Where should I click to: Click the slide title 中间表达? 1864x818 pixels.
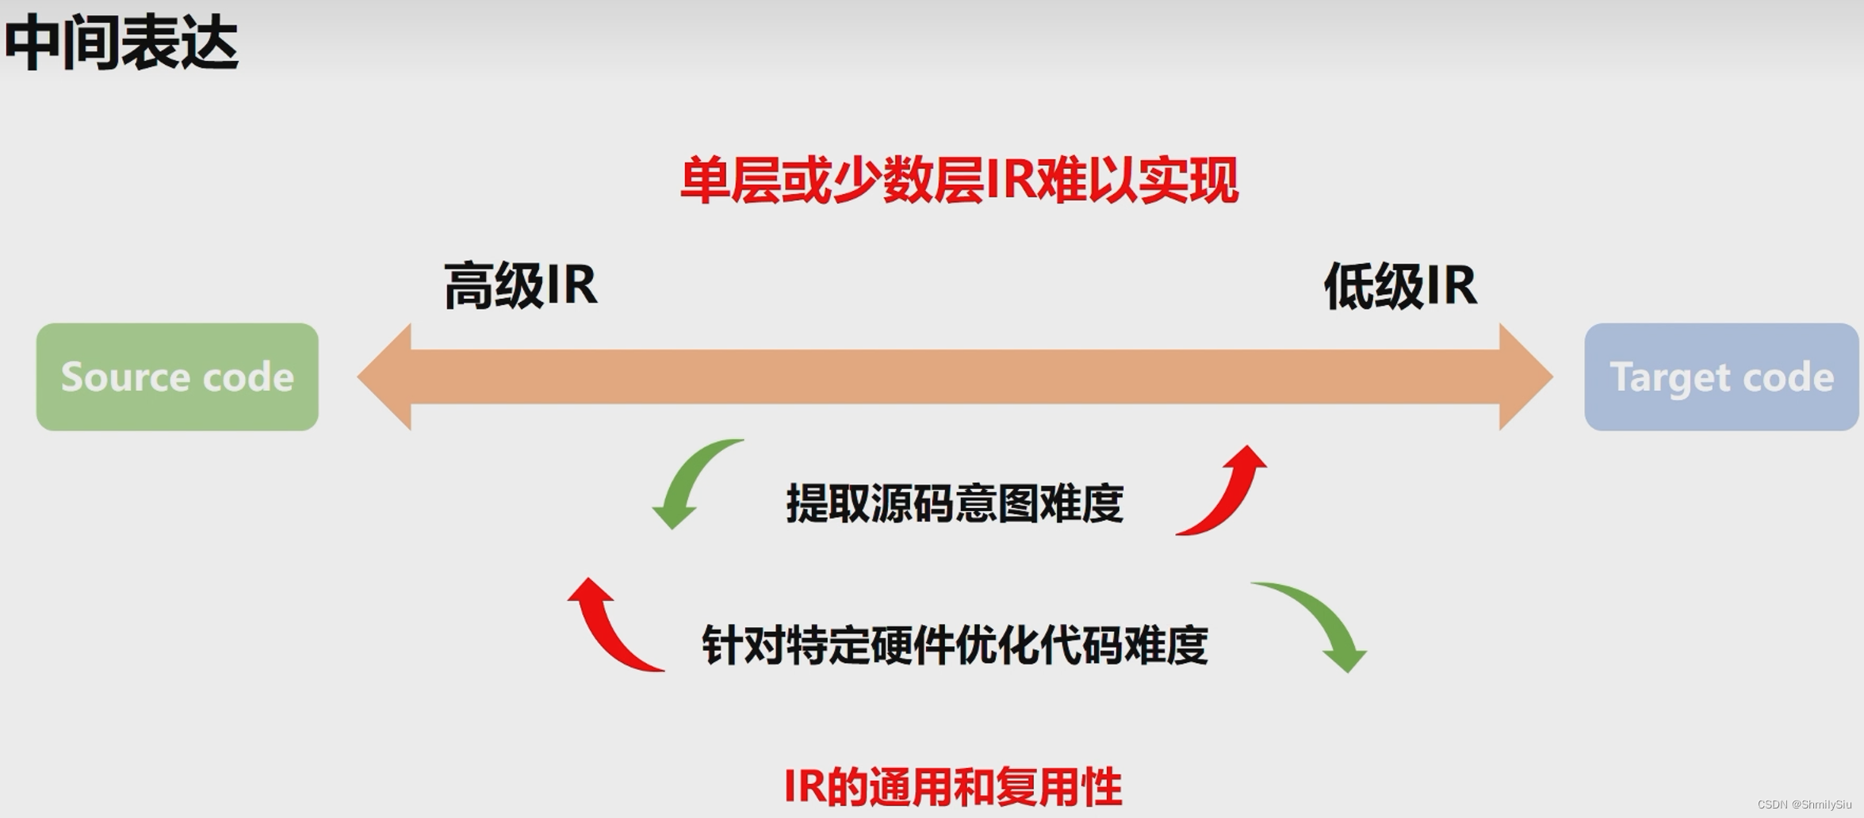point(121,44)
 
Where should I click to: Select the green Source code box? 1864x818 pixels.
point(177,377)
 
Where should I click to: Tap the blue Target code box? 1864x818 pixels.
point(1721,377)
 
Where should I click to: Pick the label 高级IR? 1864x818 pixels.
point(520,285)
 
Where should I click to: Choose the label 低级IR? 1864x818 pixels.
point(1400,285)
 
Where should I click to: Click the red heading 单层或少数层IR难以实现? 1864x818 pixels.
point(959,181)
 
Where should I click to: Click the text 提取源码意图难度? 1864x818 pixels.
point(955,503)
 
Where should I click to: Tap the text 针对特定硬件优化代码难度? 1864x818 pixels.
point(955,645)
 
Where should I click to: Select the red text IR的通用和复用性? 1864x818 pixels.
point(953,787)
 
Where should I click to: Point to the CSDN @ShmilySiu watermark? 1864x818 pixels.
point(1804,805)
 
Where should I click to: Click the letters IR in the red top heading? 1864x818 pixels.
point(1010,181)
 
